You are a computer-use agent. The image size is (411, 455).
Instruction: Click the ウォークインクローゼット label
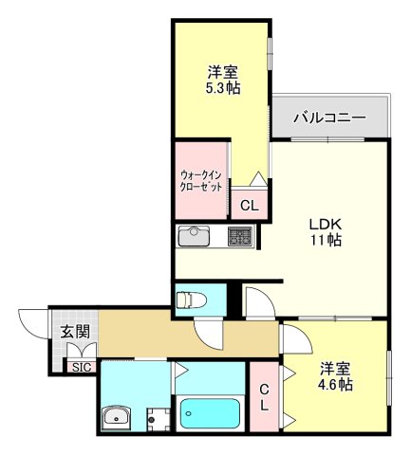[x=200, y=181]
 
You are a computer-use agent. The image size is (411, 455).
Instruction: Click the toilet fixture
[x=191, y=300]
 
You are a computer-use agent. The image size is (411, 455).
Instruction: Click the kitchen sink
[x=196, y=234]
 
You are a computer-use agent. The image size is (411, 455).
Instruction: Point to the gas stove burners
[x=238, y=234]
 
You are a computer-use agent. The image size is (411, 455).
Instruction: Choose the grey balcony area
[x=330, y=118]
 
